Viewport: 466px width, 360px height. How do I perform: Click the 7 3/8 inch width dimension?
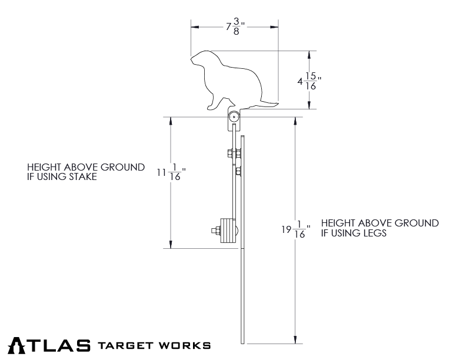235,27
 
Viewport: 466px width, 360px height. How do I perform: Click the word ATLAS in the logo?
50,345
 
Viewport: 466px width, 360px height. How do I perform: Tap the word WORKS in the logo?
188,345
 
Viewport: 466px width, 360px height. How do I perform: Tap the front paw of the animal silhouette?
212,108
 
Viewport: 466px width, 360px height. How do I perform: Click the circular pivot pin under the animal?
234,118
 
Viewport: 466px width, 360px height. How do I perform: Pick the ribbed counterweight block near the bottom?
227,230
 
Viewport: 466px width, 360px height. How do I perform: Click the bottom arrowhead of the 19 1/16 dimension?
294,339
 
